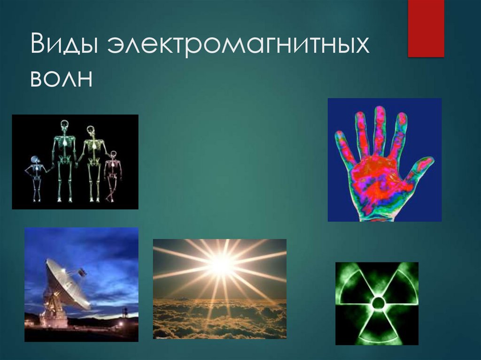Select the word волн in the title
(x=62, y=78)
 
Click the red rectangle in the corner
(x=426, y=28)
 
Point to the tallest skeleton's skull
(x=64, y=125)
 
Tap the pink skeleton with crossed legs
(x=112, y=176)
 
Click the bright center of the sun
(x=220, y=265)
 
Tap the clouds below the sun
(x=220, y=319)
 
